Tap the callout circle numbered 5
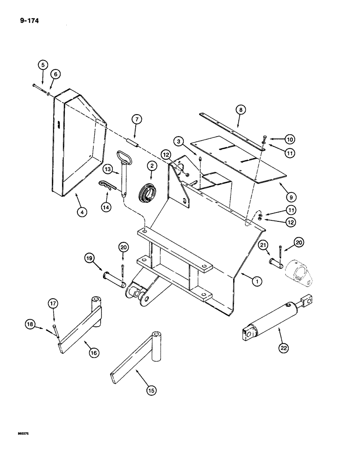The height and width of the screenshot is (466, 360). point(42,65)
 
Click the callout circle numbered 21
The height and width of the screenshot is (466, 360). point(263,246)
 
